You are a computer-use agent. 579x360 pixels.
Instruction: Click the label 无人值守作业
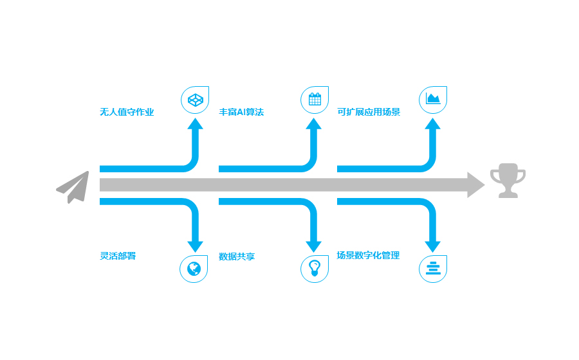127,112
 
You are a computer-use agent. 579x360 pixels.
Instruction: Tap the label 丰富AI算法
241,112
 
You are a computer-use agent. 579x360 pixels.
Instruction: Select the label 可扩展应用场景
369,112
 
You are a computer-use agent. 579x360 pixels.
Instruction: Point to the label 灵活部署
118,256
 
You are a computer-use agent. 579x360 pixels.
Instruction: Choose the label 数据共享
237,256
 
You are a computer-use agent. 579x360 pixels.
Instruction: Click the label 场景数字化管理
368,255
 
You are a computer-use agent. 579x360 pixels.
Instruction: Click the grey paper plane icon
73,187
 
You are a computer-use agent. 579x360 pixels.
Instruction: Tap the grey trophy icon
508,181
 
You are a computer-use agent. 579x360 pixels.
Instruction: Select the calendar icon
315,99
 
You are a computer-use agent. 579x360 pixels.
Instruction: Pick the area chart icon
433,98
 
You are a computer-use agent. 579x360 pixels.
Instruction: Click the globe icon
194,269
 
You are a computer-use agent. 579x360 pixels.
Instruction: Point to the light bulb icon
314,268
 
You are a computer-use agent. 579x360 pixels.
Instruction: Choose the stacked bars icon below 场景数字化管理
433,269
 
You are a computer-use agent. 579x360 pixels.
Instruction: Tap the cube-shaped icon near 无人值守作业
196,100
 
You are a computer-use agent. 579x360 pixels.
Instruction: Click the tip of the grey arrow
484,184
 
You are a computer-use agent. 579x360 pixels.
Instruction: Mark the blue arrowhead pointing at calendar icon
313,124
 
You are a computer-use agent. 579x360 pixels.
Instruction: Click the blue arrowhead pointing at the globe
195,247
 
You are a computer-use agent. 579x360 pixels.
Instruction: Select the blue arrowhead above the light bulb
313,247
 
